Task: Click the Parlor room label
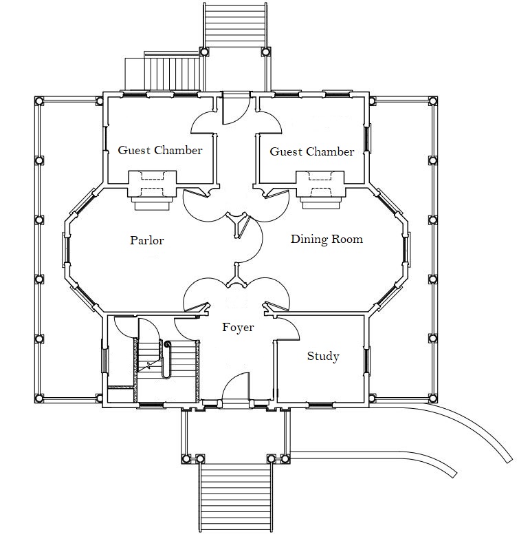(x=146, y=241)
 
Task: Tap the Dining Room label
(x=327, y=240)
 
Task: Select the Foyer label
(x=238, y=328)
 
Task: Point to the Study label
(x=323, y=356)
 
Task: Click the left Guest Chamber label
(x=159, y=150)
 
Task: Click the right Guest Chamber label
(x=312, y=151)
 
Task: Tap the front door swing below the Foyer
(x=237, y=385)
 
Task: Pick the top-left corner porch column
(x=39, y=100)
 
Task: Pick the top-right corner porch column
(x=433, y=100)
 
